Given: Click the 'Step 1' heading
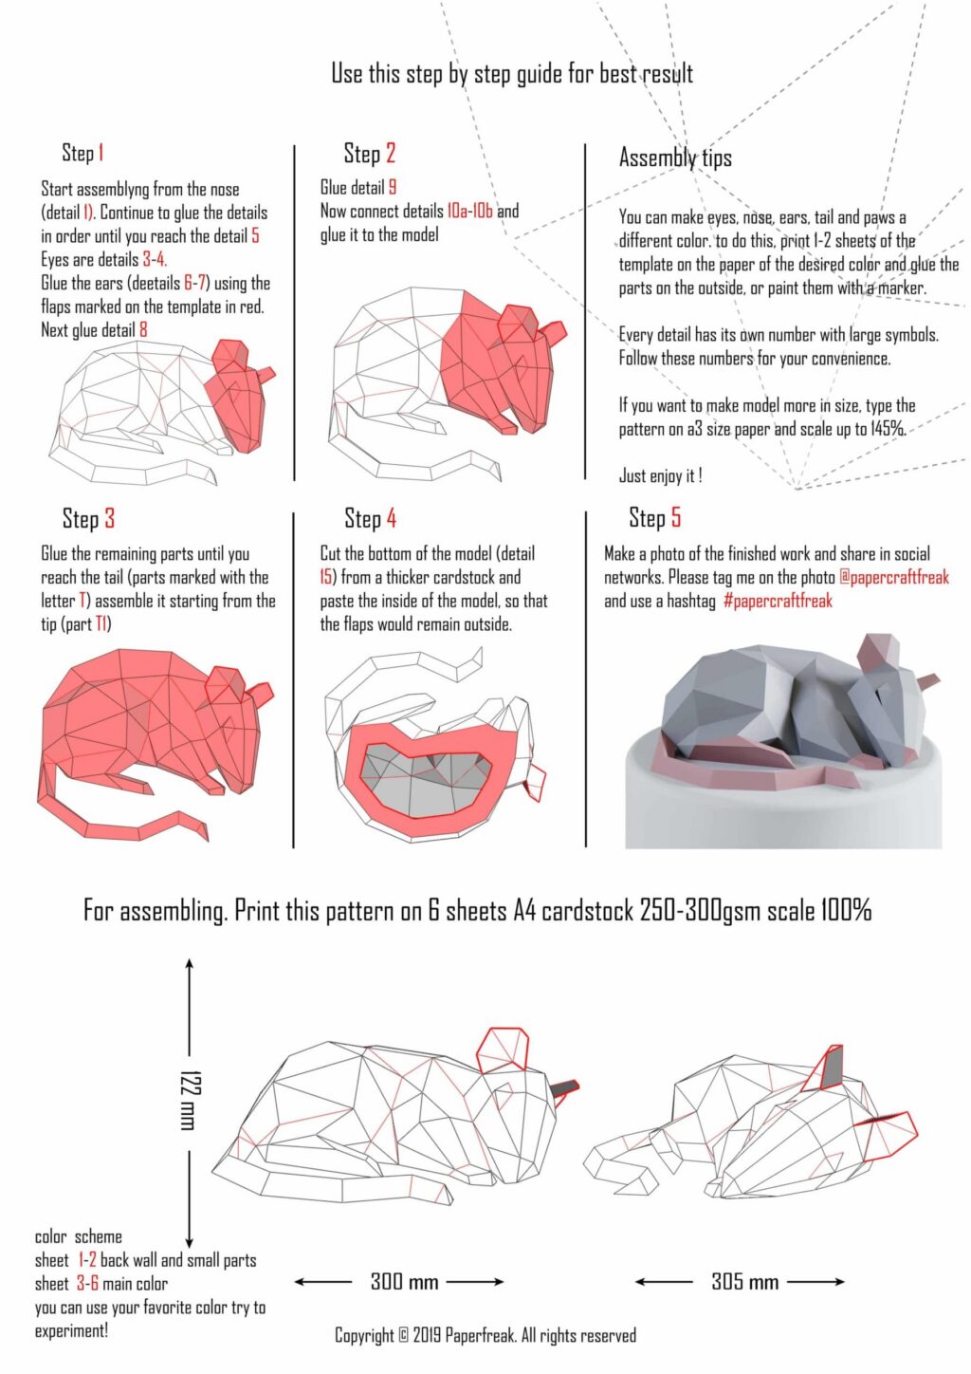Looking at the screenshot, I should tap(82, 153).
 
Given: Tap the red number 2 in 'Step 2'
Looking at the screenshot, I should tap(390, 153).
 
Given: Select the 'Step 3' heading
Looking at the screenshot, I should tap(88, 518).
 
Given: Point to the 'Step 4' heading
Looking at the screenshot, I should tap(370, 518).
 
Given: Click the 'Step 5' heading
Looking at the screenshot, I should tap(654, 517).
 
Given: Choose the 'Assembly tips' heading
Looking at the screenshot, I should tap(675, 158).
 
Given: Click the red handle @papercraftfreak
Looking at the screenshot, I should tap(893, 577).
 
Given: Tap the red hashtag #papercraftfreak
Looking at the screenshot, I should tap(778, 601).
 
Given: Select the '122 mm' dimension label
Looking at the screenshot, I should tap(188, 1100).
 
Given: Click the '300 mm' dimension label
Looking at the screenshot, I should tap(404, 1282).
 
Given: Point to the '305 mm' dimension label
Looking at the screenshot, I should tap(744, 1282).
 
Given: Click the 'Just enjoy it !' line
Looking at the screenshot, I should tap(660, 475).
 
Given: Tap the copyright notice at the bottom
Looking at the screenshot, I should tap(485, 1335).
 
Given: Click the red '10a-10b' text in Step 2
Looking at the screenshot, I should tap(469, 211).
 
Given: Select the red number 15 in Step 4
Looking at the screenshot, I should tap(327, 577).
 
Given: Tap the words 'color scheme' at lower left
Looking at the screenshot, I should tap(79, 1236).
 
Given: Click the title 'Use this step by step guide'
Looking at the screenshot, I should tap(512, 73).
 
